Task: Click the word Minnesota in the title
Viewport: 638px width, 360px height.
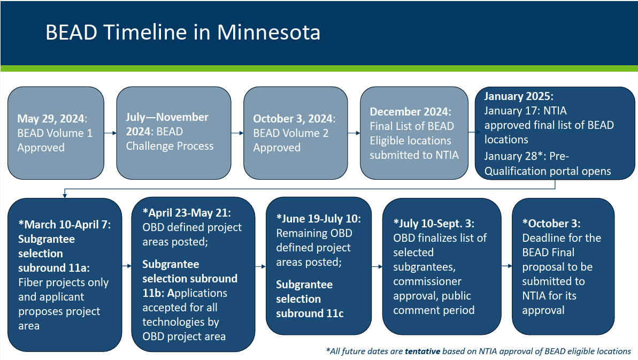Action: point(268,32)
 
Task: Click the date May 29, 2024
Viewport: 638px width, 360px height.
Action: point(51,119)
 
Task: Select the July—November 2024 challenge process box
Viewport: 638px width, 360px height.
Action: point(174,133)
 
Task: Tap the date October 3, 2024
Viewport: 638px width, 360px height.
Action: point(293,119)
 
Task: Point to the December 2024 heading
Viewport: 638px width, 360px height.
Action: point(410,111)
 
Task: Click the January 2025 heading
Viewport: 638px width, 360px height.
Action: point(518,96)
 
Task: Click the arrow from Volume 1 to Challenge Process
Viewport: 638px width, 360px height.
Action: point(110,133)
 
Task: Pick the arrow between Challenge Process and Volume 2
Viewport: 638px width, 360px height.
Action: point(237,133)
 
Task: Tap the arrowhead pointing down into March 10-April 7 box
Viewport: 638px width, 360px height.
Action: point(65,196)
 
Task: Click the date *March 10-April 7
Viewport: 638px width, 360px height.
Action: point(64,225)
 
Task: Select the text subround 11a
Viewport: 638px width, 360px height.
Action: point(53,268)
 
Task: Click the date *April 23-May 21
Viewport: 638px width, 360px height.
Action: point(186,213)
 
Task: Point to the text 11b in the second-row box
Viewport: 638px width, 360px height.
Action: point(150,293)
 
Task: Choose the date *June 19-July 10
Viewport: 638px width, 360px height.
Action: point(318,219)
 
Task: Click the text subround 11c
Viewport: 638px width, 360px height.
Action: point(310,313)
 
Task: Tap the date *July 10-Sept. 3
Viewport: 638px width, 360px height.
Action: point(434,223)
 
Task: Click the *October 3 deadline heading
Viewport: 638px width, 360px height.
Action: point(551,223)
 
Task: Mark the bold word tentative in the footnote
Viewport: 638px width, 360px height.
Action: point(422,351)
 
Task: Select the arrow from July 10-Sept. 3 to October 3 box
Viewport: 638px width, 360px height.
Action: point(506,266)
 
